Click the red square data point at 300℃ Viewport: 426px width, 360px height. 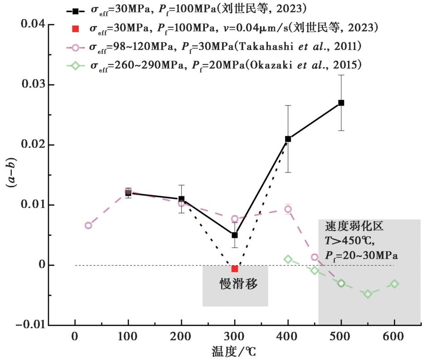pos(235,269)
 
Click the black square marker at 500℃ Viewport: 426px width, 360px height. pos(341,103)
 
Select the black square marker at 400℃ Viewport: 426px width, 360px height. pos(288,139)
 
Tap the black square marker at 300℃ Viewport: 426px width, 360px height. pos(235,235)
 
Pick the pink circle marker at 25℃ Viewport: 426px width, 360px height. pos(88,225)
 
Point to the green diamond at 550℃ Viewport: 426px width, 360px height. pos(368,294)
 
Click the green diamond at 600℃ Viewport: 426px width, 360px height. pos(394,284)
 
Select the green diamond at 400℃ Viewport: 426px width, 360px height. pos(288,259)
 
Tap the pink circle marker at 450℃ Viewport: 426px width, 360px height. pos(315,257)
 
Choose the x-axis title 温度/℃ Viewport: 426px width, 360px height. pos(236,351)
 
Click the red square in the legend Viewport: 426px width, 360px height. pos(76,29)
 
